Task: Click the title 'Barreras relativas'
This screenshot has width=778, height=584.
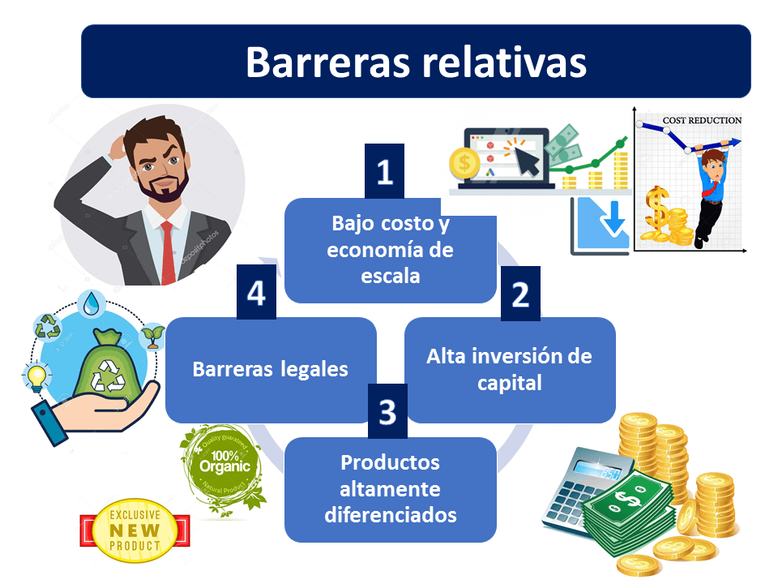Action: point(416,62)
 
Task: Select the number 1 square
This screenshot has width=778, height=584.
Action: point(384,171)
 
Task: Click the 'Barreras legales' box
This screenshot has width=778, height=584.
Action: point(270,370)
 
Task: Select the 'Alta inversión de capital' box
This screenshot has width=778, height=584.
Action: point(510,369)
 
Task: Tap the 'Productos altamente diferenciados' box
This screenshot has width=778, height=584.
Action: point(390,489)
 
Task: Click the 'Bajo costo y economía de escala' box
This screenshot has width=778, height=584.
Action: point(390,250)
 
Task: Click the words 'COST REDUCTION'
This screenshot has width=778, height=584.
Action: point(702,121)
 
